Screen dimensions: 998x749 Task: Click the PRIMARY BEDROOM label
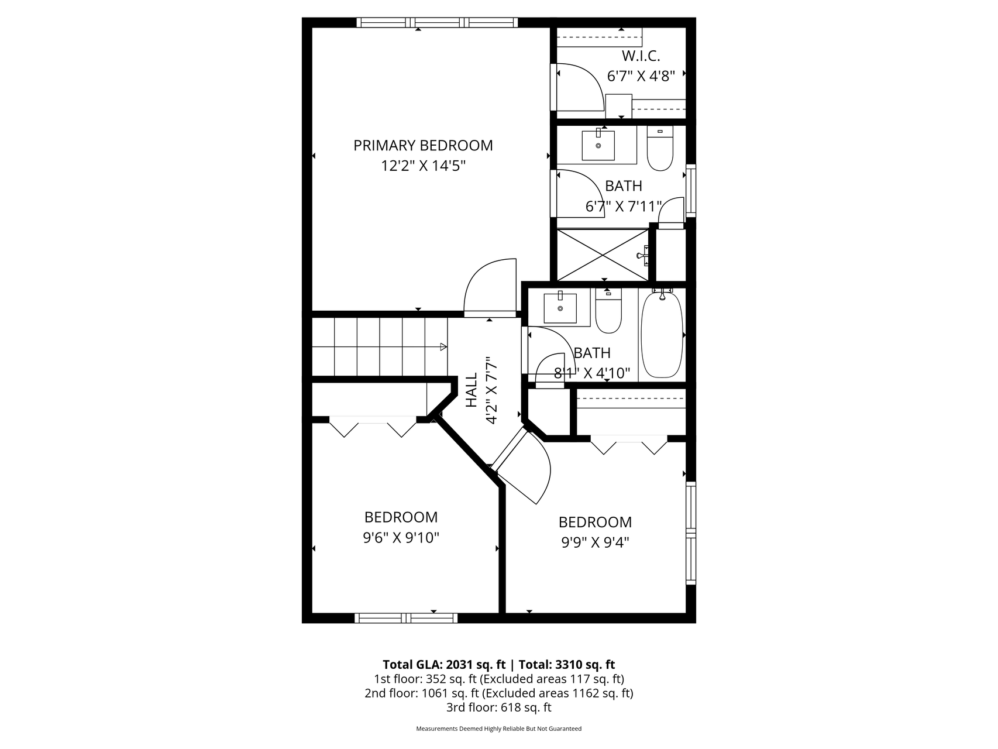pos(423,145)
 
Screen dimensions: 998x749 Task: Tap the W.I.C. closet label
pos(641,56)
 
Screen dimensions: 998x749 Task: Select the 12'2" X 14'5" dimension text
pos(423,166)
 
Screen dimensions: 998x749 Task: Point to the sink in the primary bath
pos(598,145)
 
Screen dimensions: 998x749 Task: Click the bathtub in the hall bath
pos(662,335)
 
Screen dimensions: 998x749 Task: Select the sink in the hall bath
pos(560,308)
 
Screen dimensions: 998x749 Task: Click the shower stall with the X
pos(603,255)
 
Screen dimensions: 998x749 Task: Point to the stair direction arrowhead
pos(443,347)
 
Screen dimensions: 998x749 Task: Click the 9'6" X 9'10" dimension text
pos(401,538)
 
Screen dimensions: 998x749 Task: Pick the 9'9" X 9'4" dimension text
pos(595,542)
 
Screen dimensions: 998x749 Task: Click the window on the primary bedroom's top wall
pos(437,23)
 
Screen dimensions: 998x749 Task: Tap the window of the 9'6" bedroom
pos(406,618)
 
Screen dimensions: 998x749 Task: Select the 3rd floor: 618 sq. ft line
pos(498,707)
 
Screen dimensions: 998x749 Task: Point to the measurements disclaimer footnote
pos(498,729)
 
